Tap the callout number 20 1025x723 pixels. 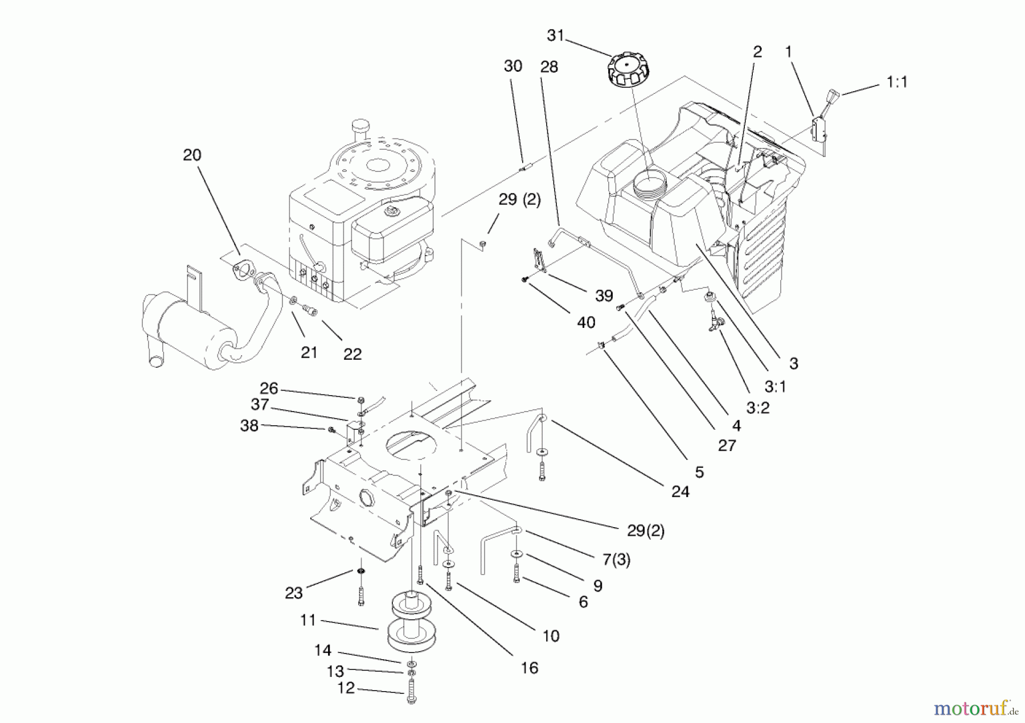click(192, 155)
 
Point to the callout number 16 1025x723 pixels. click(529, 668)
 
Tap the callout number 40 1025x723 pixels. click(586, 323)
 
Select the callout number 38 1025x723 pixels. click(249, 426)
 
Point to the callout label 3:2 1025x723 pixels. click(757, 408)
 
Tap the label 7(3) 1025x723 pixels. click(616, 560)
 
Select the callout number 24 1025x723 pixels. click(680, 491)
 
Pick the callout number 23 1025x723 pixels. click(293, 593)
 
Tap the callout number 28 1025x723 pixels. click(549, 67)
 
